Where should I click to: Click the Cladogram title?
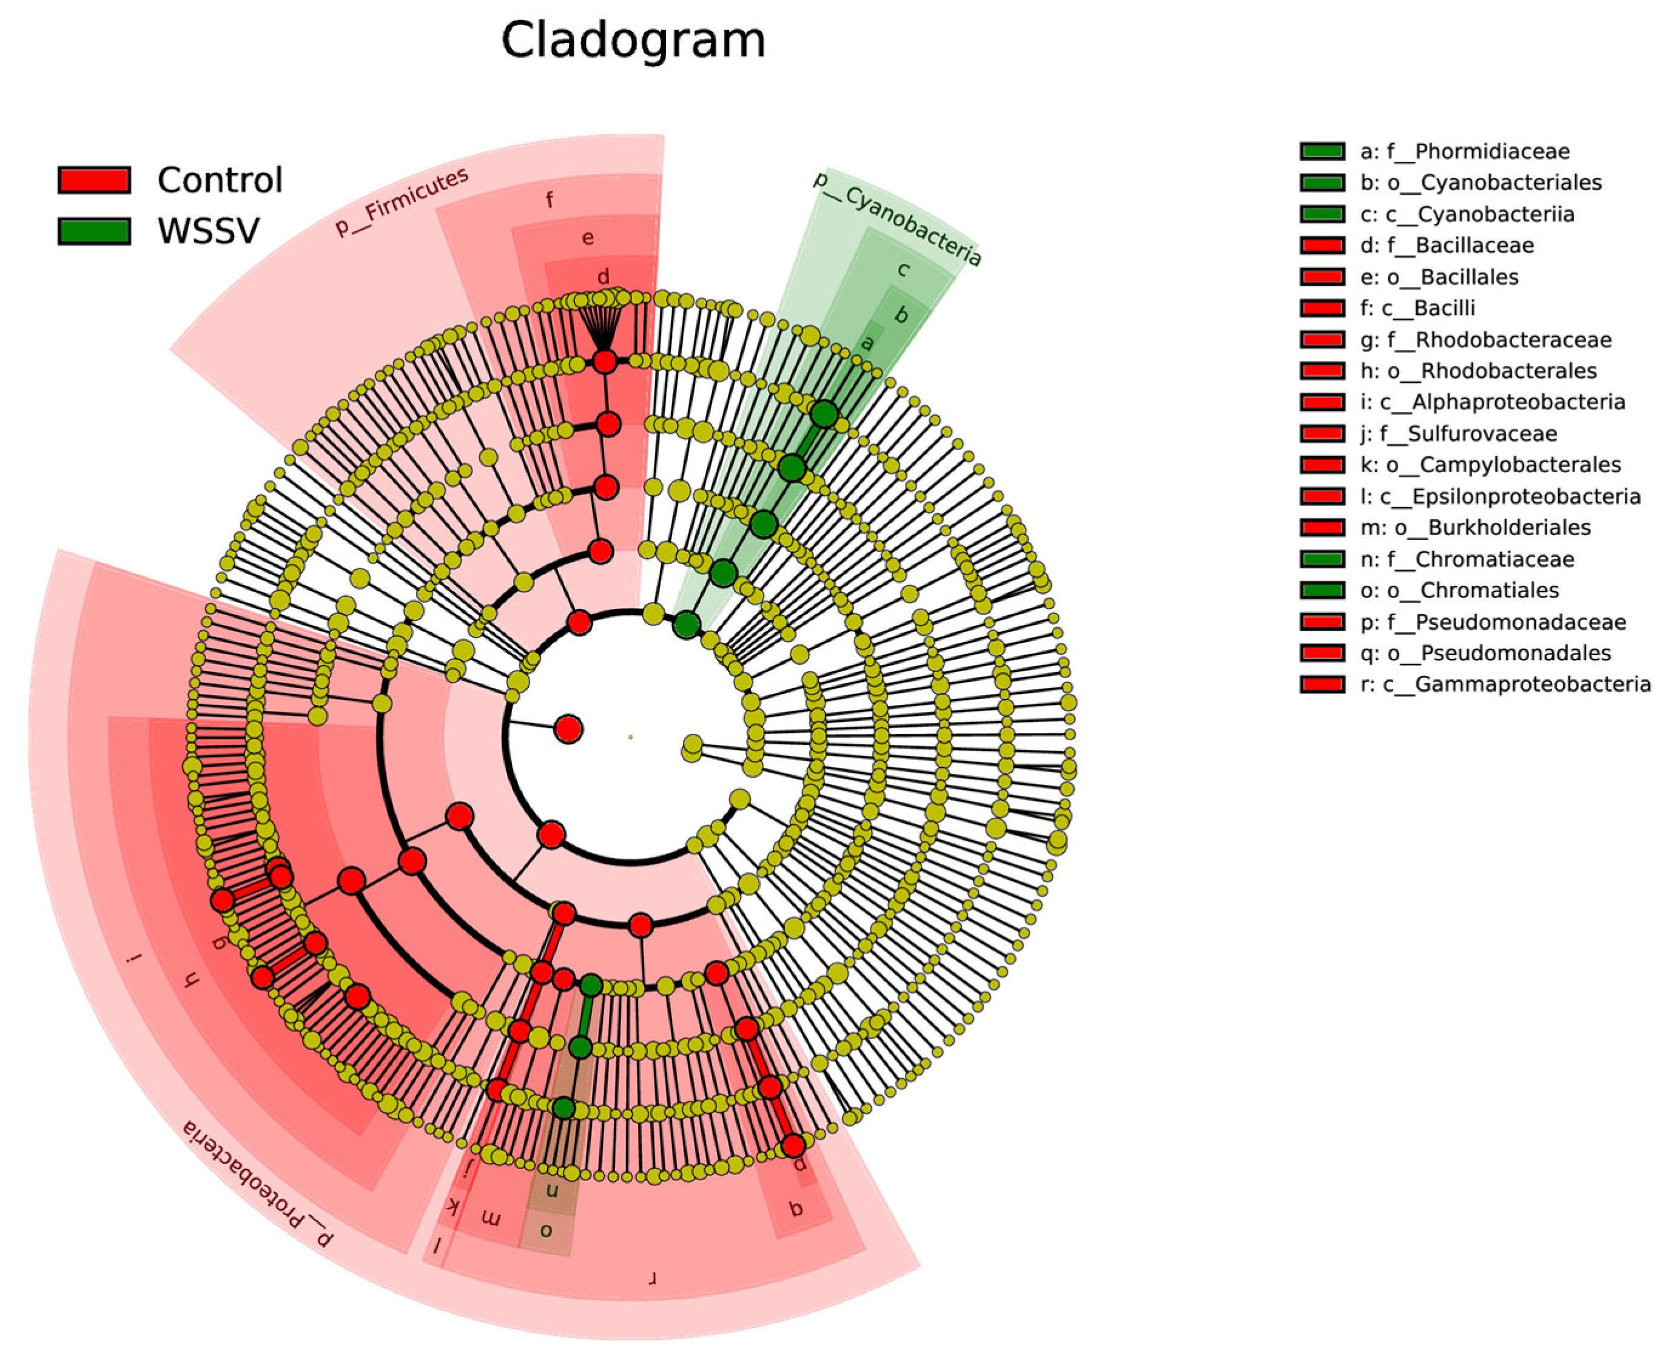tap(633, 40)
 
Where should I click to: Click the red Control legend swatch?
tap(94, 180)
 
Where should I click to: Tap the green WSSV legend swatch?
tap(94, 231)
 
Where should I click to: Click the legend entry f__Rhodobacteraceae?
tap(1485, 340)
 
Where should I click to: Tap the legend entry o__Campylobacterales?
tap(1490, 465)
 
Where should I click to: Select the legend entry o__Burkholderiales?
tap(1475, 527)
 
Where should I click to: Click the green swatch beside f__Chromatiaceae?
tap(1322, 559)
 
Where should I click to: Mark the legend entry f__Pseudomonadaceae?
tap(1492, 622)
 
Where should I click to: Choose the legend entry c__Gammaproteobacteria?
tap(1505, 684)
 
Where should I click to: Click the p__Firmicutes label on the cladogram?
tap(402, 203)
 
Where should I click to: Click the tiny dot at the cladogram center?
tap(630, 738)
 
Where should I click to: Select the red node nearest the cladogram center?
tap(568, 729)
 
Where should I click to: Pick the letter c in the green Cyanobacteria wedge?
tap(904, 269)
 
